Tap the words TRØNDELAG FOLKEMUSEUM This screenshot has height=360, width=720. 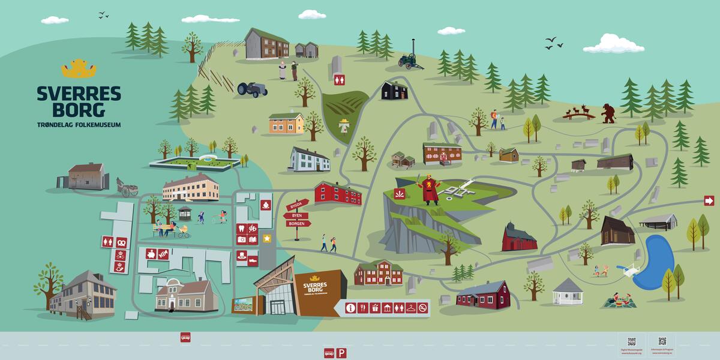(x=79, y=125)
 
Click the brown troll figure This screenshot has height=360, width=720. (x=608, y=112)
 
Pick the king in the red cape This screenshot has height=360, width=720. (x=428, y=188)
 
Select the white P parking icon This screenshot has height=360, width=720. (x=341, y=353)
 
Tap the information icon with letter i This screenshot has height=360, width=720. (x=351, y=308)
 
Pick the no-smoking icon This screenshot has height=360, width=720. (x=423, y=308)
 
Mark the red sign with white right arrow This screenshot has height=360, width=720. (x=709, y=200)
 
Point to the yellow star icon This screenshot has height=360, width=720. (x=267, y=239)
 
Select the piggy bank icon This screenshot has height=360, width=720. (x=151, y=254)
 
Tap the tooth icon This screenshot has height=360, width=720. (x=241, y=228)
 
